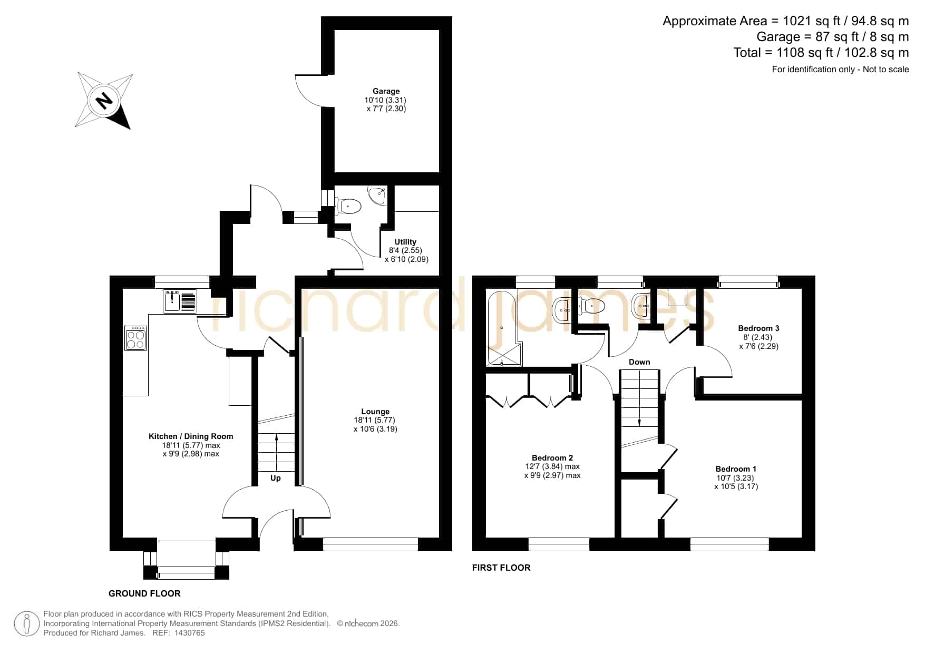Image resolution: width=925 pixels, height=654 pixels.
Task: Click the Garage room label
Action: coord(386,91)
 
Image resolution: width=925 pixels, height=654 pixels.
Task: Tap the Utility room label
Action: coord(405,242)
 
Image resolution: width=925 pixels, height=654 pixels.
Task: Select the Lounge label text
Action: coord(375,412)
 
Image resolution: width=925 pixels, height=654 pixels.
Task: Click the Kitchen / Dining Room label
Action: coord(191,436)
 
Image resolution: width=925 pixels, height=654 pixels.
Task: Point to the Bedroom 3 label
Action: coord(758,328)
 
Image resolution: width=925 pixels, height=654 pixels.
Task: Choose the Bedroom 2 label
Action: coord(552,458)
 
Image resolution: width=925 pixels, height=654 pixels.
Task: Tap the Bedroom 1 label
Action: coord(736,469)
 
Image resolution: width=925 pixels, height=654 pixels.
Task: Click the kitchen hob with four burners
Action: coord(135,338)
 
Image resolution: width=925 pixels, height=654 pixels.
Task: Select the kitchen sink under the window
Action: coord(180,301)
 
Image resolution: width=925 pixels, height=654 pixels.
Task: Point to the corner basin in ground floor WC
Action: coord(378,196)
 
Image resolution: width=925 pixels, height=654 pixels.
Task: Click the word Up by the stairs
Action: coord(276,478)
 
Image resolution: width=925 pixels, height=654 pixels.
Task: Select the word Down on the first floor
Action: coord(639,362)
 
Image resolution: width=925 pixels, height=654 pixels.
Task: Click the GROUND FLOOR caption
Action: coord(144,593)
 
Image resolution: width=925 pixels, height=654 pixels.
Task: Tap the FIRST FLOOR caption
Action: coord(501,568)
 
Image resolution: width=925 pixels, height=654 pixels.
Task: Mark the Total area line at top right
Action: coord(821,53)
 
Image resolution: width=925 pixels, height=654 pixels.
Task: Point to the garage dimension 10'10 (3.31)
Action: coord(385,100)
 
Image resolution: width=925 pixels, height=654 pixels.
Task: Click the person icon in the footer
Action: coord(26,623)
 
